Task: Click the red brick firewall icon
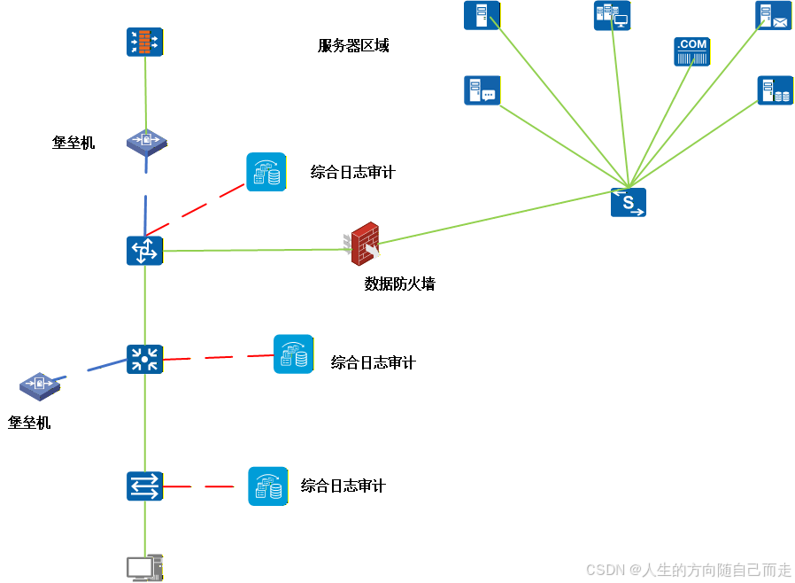364,244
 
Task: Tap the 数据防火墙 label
399,284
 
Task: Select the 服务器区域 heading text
353,46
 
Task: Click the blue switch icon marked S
628,202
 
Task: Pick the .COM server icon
691,51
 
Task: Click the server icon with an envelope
773,16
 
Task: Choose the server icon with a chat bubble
482,90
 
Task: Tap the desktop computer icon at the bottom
144,568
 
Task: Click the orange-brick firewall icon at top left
144,42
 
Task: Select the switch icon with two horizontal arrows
144,486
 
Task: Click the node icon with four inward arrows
144,359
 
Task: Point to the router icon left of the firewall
144,251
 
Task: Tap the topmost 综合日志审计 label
352,173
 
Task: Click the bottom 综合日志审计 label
343,486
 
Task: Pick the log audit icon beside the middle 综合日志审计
293,354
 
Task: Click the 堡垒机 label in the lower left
29,424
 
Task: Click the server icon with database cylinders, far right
775,90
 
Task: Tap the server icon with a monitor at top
612,16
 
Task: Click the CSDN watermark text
689,570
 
